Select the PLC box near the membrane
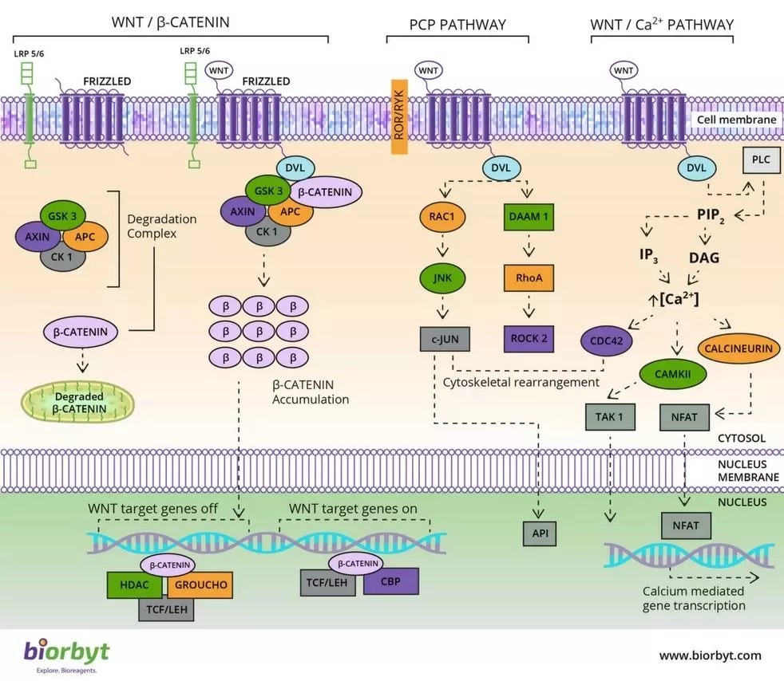(x=761, y=160)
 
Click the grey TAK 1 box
(x=608, y=415)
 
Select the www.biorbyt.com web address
(x=710, y=655)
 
